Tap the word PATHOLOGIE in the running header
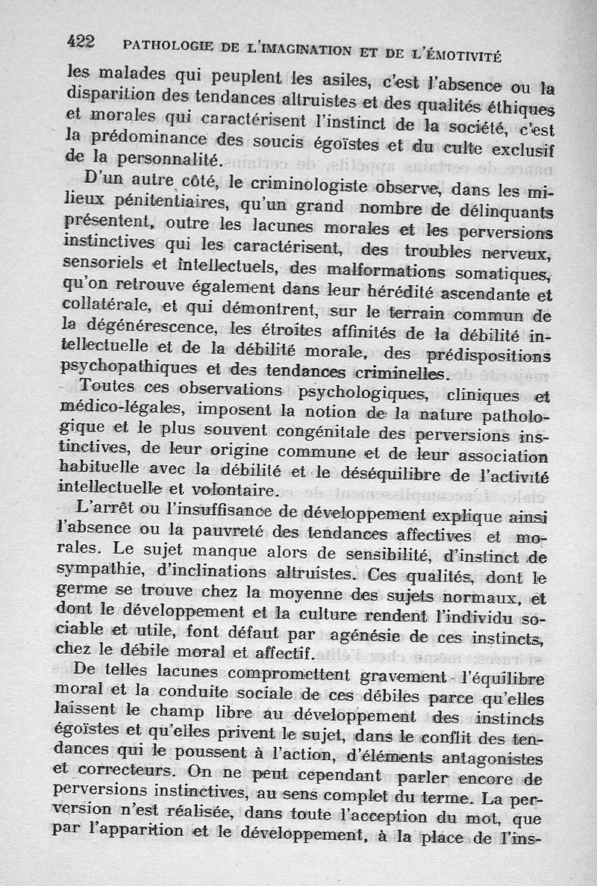pyautogui.click(x=167, y=46)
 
